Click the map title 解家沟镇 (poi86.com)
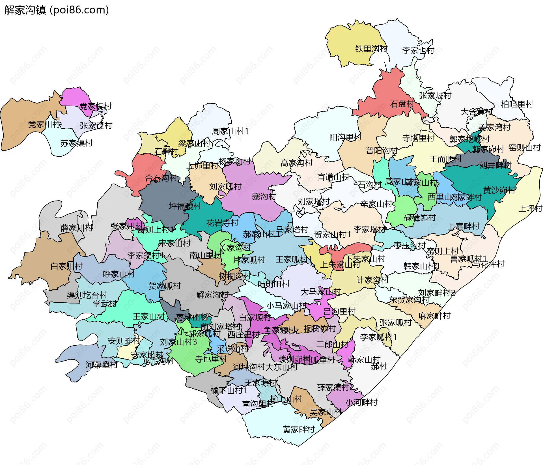pos(57,10)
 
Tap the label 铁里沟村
pos(371,49)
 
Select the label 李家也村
pos(418,50)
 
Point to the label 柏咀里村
pos(517,104)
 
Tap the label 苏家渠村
pos(76,143)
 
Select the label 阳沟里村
pos(345,137)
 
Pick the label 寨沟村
pos(264,196)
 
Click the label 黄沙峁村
pos(499,190)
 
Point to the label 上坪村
pos(530,208)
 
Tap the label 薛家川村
pos(76,228)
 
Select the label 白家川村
pos(66,266)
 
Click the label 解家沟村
pos(212,295)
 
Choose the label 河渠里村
pos(102,365)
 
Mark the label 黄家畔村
pos(299,429)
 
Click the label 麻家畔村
pos(434,316)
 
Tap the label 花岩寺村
pos(222,223)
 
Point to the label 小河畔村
pos(361,402)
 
